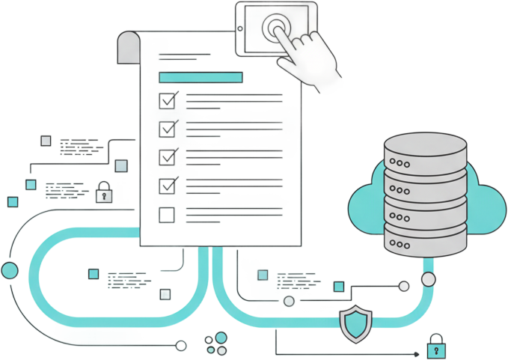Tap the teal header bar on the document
[201, 76]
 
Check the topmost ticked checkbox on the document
[168, 100]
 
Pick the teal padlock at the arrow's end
[435, 347]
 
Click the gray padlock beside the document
[104, 192]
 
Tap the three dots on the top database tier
[402, 162]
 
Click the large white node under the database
[428, 281]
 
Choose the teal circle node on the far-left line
[10, 271]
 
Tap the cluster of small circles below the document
[218, 342]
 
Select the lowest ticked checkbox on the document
[168, 185]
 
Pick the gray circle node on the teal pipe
[290, 301]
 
